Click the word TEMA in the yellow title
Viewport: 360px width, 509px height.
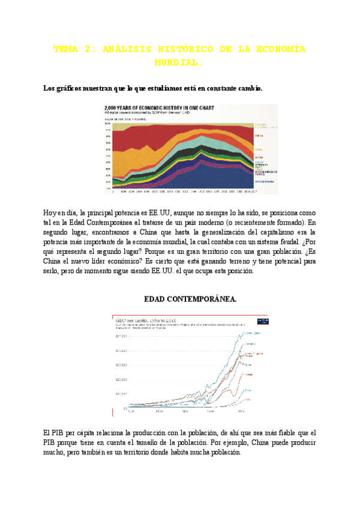(x=65, y=50)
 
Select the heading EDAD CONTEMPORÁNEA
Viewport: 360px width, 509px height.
(x=191, y=298)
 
